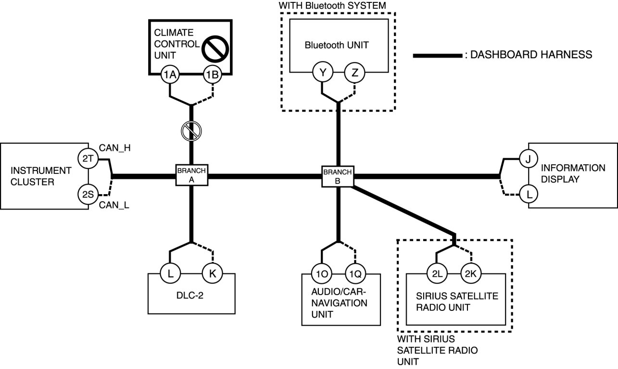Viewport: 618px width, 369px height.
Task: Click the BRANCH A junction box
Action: point(192,175)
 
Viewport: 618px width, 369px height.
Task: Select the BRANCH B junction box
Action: point(338,176)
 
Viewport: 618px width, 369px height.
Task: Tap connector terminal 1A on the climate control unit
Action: point(170,74)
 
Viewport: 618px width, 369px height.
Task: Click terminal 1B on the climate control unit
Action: point(213,74)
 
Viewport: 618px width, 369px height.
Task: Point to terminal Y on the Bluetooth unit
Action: point(323,72)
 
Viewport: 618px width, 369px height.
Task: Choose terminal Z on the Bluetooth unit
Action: point(355,73)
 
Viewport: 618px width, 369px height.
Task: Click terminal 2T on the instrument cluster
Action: point(88,159)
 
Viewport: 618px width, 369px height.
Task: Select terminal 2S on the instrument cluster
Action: point(88,194)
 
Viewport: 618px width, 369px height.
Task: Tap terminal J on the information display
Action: point(529,159)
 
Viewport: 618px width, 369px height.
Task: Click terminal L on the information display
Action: point(529,195)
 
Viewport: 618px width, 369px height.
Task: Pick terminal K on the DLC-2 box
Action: point(213,273)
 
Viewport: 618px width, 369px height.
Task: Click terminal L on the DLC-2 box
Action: point(171,274)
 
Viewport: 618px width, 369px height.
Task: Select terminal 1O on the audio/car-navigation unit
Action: point(322,274)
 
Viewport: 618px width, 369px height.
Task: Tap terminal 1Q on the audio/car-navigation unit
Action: point(355,274)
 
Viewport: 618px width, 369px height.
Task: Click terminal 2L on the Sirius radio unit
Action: point(437,274)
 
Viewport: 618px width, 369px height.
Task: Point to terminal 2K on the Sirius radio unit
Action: point(471,274)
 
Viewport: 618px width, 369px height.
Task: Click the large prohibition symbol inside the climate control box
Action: point(215,49)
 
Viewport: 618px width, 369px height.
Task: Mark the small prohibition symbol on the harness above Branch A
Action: point(191,131)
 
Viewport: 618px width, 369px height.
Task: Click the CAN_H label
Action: point(115,148)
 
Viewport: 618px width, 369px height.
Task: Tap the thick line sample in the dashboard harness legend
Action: point(438,56)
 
